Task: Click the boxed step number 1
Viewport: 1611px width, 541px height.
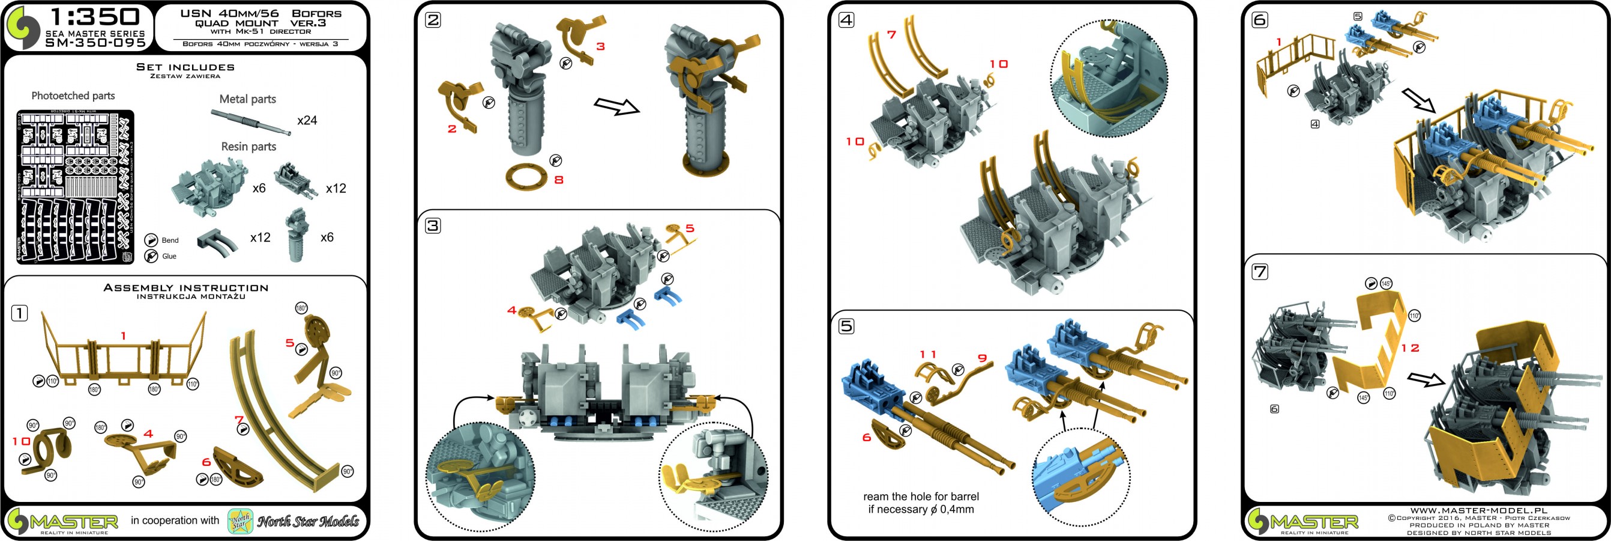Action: (x=19, y=313)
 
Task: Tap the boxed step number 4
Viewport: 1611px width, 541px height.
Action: (x=846, y=20)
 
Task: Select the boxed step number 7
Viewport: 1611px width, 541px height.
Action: (x=1259, y=272)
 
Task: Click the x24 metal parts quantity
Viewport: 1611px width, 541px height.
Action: (x=307, y=120)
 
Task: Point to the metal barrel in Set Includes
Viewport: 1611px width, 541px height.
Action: (x=250, y=121)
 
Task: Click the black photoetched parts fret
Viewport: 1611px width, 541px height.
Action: (x=75, y=186)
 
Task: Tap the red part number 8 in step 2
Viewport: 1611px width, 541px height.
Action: (x=559, y=180)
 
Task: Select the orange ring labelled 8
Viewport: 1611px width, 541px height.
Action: (x=525, y=176)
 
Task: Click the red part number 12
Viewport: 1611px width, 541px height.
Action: (x=1409, y=348)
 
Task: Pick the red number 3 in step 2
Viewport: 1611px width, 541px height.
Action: (x=600, y=46)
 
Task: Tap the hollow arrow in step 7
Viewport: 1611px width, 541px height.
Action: (x=1427, y=379)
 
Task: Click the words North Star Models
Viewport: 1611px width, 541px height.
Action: (x=309, y=521)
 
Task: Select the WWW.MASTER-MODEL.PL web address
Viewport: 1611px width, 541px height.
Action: (x=1478, y=511)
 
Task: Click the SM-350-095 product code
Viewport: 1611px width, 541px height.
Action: (x=95, y=43)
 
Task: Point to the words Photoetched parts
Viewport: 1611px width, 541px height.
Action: (x=73, y=96)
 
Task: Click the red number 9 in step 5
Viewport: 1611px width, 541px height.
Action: (x=982, y=358)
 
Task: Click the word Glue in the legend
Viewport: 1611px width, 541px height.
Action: (x=169, y=256)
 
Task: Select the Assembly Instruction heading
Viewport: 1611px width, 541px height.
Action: (x=185, y=288)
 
